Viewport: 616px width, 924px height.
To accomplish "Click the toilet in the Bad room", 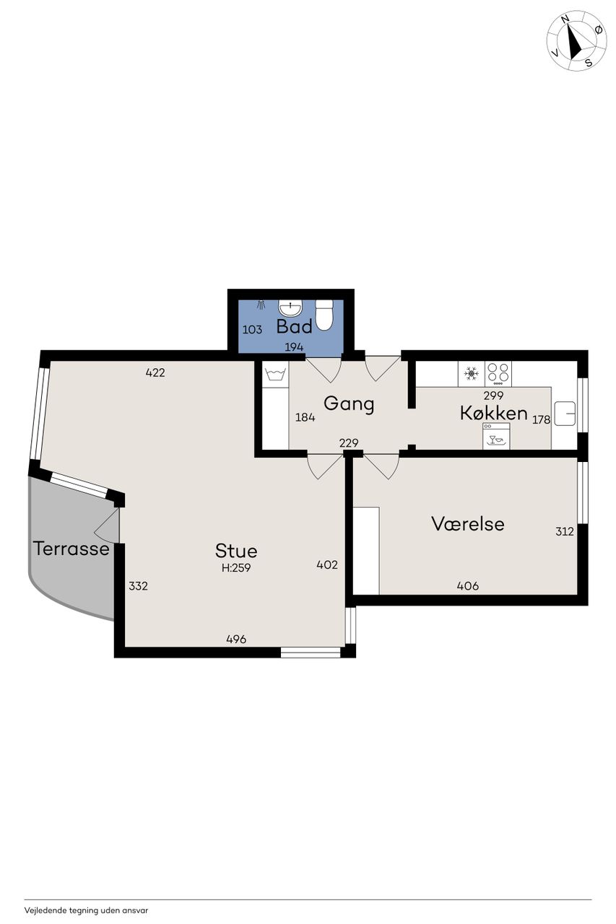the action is [x=324, y=315].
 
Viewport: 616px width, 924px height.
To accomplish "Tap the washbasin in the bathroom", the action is [x=290, y=308].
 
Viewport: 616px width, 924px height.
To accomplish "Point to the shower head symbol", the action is [x=261, y=305].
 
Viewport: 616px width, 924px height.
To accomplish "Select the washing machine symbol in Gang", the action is [x=276, y=375].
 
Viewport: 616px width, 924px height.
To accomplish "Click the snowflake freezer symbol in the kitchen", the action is [x=471, y=374].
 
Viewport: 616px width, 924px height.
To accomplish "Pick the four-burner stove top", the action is [x=498, y=374].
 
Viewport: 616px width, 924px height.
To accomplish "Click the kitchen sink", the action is [x=565, y=414].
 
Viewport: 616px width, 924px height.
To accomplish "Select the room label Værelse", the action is [x=468, y=524].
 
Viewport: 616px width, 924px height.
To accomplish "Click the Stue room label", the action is [x=236, y=551].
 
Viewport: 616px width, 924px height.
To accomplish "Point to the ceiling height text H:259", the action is [x=236, y=568].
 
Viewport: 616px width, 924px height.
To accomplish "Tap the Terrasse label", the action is [x=71, y=549].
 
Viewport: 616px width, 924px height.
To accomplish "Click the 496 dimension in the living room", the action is [x=236, y=640].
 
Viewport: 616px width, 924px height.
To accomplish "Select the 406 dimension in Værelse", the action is [x=468, y=585].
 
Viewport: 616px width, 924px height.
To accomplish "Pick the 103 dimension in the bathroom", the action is [x=252, y=330].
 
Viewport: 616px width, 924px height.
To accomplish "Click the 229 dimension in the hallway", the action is [x=349, y=443].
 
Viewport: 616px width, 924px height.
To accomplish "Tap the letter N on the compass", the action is [x=566, y=18].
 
